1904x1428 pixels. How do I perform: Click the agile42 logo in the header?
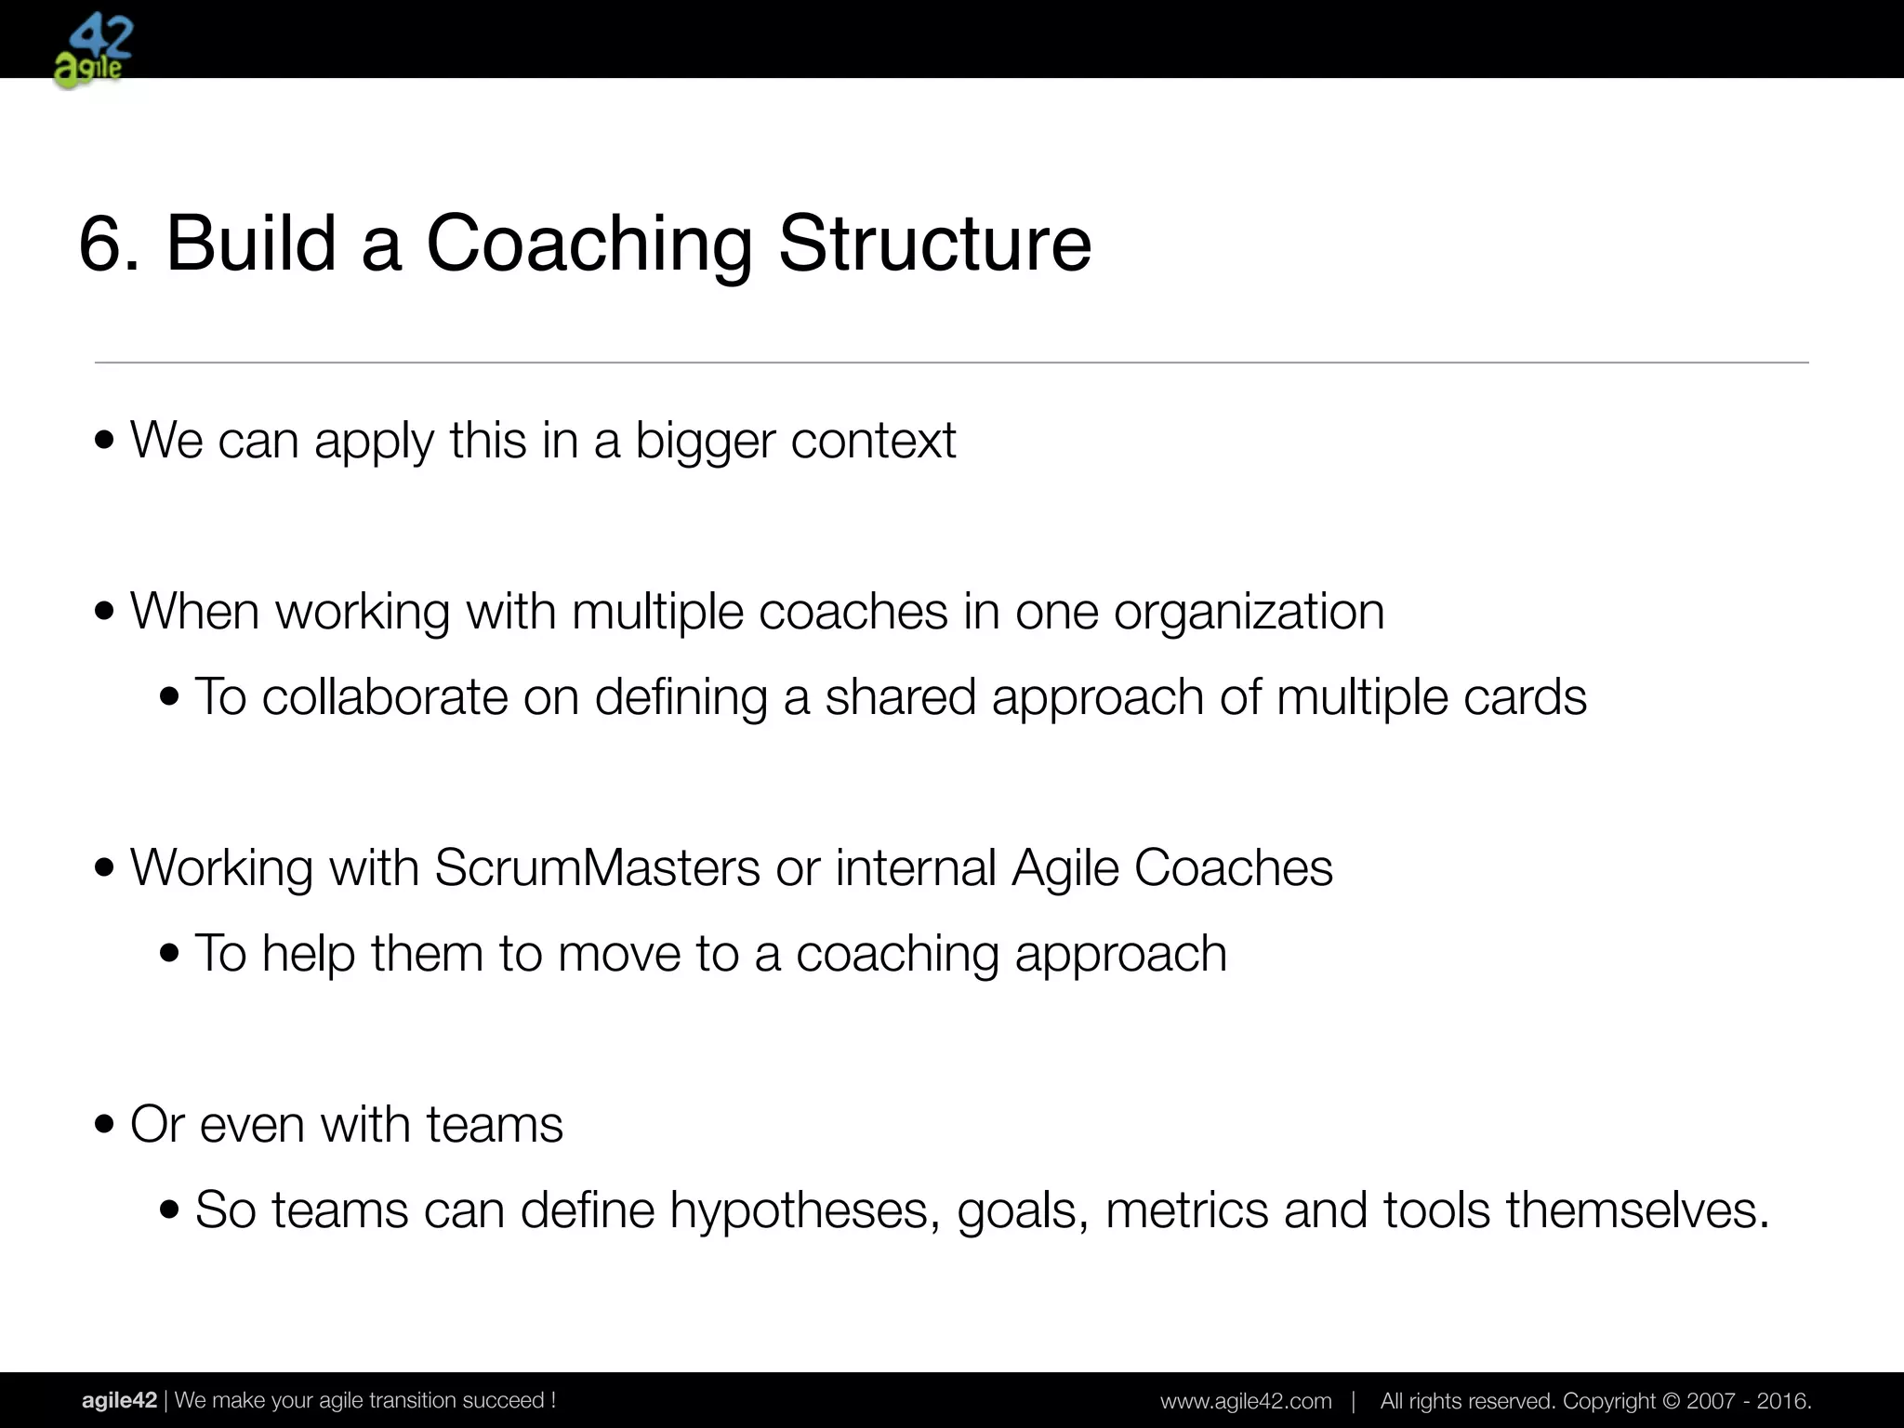pyautogui.click(x=93, y=51)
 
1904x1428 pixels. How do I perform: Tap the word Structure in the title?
pyautogui.click(x=934, y=245)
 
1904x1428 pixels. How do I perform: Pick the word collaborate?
pyautogui.click(x=384, y=697)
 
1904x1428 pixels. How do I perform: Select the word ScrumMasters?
pyautogui.click(x=597, y=868)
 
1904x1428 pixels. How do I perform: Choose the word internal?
pyautogui.click(x=915, y=868)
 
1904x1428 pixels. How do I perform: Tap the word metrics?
pyautogui.click(x=1185, y=1210)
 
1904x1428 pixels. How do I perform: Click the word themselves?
pyautogui.click(x=1637, y=1210)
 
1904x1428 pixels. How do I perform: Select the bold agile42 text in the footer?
pyautogui.click(x=119, y=1400)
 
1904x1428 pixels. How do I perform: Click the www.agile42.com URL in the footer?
pyautogui.click(x=1246, y=1401)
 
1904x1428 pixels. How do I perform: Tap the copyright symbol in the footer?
pyautogui.click(x=1671, y=1401)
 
